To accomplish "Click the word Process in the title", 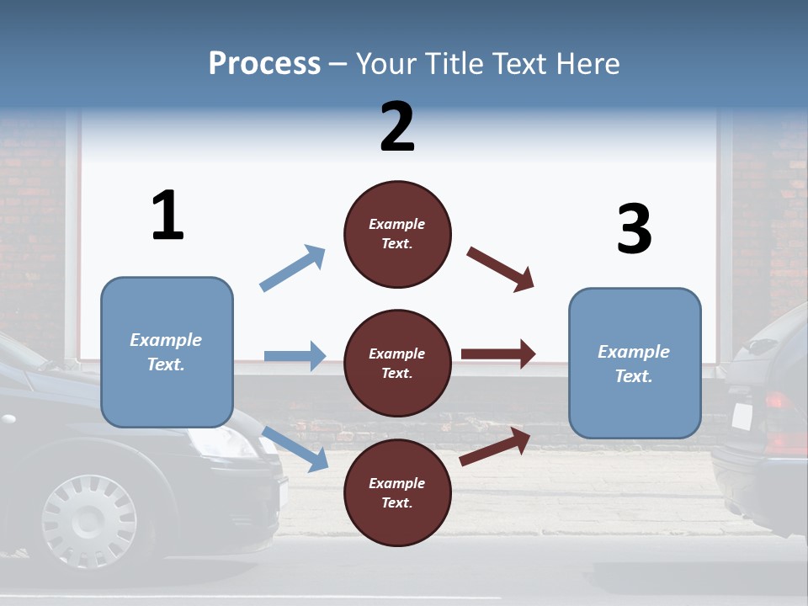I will [x=264, y=64].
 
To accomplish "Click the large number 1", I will [x=167, y=215].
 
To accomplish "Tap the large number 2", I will [x=397, y=126].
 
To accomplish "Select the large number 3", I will [x=634, y=229].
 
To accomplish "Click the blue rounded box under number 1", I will [x=167, y=352].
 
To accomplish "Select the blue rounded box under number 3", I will [x=635, y=364].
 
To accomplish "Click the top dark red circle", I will [x=397, y=234].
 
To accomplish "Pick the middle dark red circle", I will [x=397, y=363].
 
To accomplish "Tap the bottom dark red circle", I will [x=397, y=492].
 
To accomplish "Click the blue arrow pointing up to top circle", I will [x=293, y=268].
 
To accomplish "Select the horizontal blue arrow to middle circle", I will [x=295, y=356].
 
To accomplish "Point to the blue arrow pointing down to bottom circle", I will [x=295, y=449].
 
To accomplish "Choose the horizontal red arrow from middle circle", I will [x=497, y=353].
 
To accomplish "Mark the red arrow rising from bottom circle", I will [x=495, y=446].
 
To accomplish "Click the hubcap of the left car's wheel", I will [x=89, y=520].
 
